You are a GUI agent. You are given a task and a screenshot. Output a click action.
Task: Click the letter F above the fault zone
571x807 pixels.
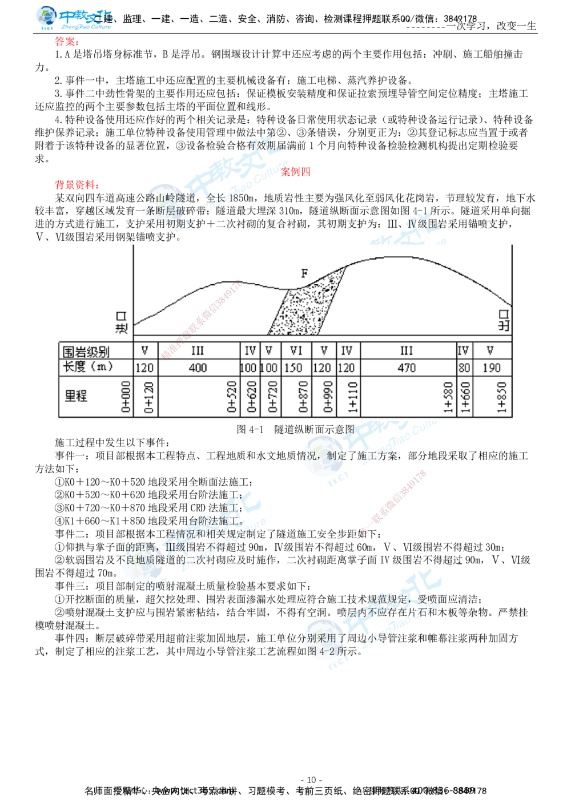[x=304, y=273]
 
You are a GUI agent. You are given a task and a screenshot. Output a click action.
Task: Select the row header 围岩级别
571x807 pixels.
[x=86, y=351]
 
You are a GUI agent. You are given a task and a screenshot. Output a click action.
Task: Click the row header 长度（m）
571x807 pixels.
[x=88, y=367]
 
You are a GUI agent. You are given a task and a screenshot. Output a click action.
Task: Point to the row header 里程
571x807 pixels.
[x=76, y=396]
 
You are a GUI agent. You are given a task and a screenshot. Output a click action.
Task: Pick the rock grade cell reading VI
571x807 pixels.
[x=296, y=350]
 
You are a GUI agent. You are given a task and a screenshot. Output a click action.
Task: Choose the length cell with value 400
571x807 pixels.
[x=198, y=368]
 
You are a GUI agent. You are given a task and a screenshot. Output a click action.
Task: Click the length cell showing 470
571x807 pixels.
[x=407, y=368]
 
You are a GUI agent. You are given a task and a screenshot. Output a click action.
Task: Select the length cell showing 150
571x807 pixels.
[x=293, y=368]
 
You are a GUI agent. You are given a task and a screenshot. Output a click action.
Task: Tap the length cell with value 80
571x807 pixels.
[x=464, y=368]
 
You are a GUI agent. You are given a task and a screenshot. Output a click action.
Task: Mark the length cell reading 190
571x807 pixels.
[x=490, y=368]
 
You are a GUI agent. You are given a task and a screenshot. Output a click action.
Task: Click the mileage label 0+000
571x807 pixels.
[x=126, y=397]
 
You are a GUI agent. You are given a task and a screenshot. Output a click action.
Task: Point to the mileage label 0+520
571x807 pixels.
[x=232, y=397]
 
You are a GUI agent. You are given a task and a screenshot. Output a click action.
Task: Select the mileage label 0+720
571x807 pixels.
[x=272, y=397]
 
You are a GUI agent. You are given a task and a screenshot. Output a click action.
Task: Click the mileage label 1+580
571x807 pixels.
[x=449, y=397]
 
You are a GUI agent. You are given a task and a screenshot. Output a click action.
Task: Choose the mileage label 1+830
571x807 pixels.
[x=502, y=397]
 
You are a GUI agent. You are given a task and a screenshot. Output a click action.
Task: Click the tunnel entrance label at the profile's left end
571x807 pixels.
[x=121, y=322]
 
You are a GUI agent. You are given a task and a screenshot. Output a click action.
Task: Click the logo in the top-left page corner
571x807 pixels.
[x=73, y=18]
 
